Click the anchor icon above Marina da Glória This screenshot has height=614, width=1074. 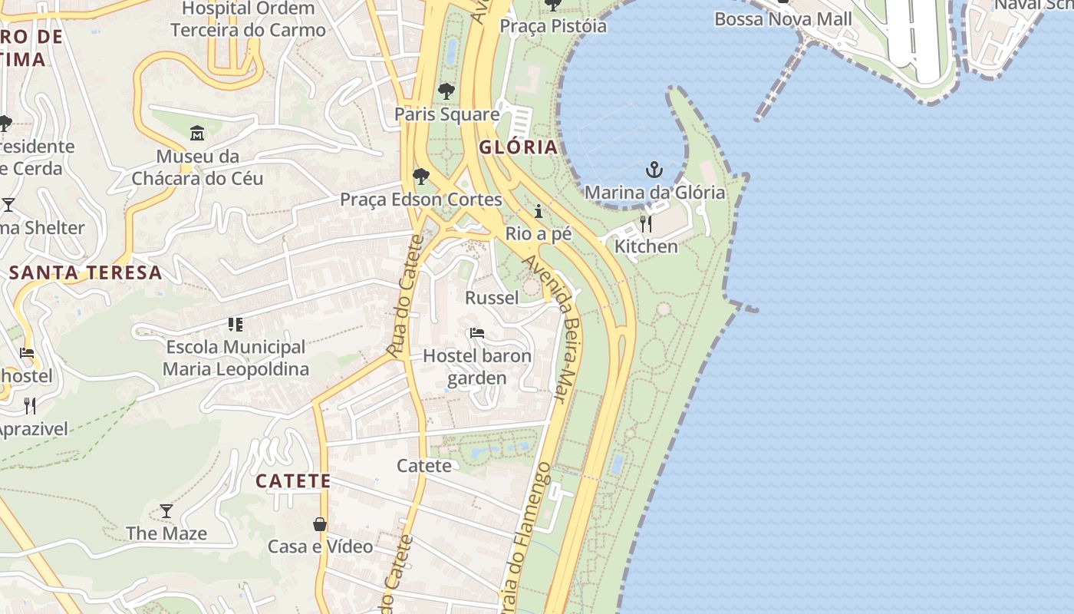[x=654, y=170]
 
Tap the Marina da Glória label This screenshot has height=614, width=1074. [x=654, y=192]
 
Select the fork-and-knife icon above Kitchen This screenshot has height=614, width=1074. [x=646, y=224]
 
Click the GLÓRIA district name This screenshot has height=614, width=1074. [x=518, y=147]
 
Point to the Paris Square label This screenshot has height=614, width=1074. [x=446, y=114]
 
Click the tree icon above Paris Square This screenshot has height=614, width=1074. [x=446, y=91]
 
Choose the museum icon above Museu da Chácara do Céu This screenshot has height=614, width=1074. [x=197, y=134]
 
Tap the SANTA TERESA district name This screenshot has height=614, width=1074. [x=86, y=272]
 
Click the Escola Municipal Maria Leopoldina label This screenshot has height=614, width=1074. [x=236, y=358]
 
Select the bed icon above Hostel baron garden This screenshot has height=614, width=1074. [x=476, y=333]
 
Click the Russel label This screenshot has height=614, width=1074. [x=492, y=297]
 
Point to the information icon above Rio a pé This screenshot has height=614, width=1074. [x=539, y=211]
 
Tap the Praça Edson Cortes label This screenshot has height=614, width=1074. [x=420, y=200]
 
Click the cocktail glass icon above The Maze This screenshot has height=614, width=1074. [x=166, y=510]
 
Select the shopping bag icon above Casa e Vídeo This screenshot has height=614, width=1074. [x=320, y=524]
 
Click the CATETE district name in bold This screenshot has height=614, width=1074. [x=293, y=481]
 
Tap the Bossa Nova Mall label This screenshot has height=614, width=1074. [x=782, y=19]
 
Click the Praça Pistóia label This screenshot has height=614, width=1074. [x=552, y=26]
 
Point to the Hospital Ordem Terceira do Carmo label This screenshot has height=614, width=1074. [x=248, y=20]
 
